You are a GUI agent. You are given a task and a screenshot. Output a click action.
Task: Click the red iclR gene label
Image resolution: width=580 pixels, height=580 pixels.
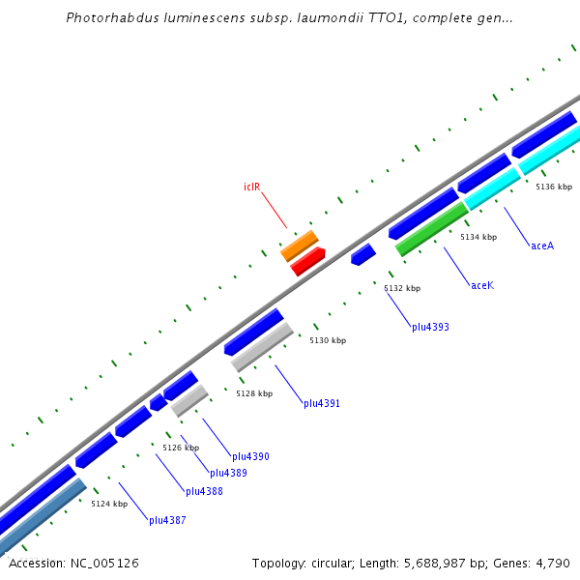tap(251, 187)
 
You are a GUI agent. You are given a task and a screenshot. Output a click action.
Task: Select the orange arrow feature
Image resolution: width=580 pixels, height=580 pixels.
tap(299, 246)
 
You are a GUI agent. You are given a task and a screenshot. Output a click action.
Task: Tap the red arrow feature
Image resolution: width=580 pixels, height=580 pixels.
tap(308, 261)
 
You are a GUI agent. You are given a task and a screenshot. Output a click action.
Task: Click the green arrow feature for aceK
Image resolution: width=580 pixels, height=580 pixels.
tap(431, 229)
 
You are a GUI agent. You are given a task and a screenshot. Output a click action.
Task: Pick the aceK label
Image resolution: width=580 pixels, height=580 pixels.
tap(482, 285)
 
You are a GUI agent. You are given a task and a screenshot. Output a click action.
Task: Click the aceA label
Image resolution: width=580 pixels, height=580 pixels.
tap(542, 246)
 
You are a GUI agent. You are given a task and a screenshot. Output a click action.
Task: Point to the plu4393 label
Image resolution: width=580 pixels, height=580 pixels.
tap(430, 327)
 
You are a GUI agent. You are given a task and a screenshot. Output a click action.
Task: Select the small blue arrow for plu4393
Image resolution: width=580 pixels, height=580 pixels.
tap(363, 254)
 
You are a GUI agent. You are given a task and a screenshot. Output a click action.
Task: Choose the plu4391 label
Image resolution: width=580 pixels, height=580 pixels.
tap(322, 403)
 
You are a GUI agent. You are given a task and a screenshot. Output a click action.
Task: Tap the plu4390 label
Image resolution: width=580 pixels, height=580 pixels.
tap(250, 455)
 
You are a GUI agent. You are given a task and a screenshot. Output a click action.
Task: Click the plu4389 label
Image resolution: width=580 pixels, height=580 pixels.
tap(228, 473)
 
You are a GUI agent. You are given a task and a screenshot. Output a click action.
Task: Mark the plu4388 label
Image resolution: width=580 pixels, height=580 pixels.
tap(204, 491)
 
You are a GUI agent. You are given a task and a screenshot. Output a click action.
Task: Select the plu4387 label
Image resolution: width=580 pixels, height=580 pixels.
tap(167, 520)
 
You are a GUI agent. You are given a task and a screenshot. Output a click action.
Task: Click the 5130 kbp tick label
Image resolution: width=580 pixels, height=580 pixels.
tap(328, 340)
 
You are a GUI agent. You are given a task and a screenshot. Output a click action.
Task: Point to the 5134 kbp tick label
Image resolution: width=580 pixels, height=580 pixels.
tap(478, 237)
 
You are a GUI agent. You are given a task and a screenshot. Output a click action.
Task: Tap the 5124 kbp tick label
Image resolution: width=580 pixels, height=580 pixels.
tap(109, 504)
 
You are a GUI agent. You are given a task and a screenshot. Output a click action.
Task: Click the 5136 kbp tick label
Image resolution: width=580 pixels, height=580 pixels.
tap(554, 187)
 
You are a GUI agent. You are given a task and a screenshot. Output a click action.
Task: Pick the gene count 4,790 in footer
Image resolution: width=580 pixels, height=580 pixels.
tap(554, 563)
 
